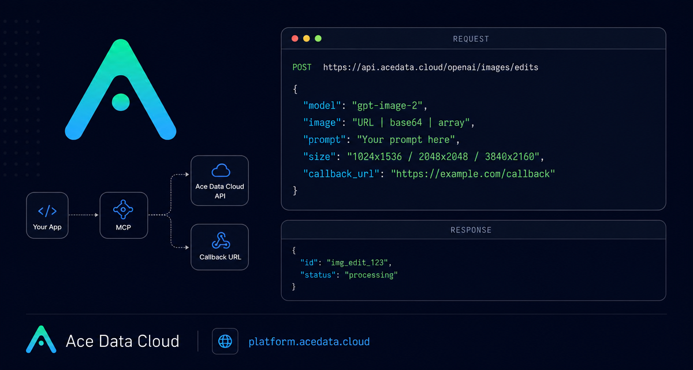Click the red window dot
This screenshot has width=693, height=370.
click(x=295, y=38)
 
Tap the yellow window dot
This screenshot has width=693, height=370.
click(x=306, y=38)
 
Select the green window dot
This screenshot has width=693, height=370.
click(x=318, y=38)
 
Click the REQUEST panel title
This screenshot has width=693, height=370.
click(x=471, y=39)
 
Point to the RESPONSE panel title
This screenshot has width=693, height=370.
click(x=471, y=230)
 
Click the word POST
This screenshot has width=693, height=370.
click(x=302, y=67)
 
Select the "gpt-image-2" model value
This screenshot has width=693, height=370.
click(x=387, y=106)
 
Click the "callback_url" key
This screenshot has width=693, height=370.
click(x=341, y=173)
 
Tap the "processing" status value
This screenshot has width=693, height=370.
click(x=371, y=275)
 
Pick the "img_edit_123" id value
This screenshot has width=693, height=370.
click(x=357, y=262)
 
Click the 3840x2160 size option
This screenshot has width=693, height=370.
click(x=509, y=157)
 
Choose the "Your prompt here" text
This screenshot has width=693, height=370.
click(x=406, y=140)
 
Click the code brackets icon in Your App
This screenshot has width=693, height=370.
click(x=47, y=211)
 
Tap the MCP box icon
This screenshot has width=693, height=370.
click(x=123, y=210)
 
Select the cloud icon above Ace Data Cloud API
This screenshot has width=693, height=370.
click(x=221, y=171)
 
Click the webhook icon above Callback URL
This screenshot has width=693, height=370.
click(x=221, y=240)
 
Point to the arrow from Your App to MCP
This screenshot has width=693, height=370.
click(x=84, y=215)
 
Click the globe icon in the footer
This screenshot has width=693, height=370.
click(x=225, y=341)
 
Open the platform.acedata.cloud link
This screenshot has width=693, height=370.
click(x=309, y=342)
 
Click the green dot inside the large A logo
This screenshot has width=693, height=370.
click(x=121, y=102)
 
